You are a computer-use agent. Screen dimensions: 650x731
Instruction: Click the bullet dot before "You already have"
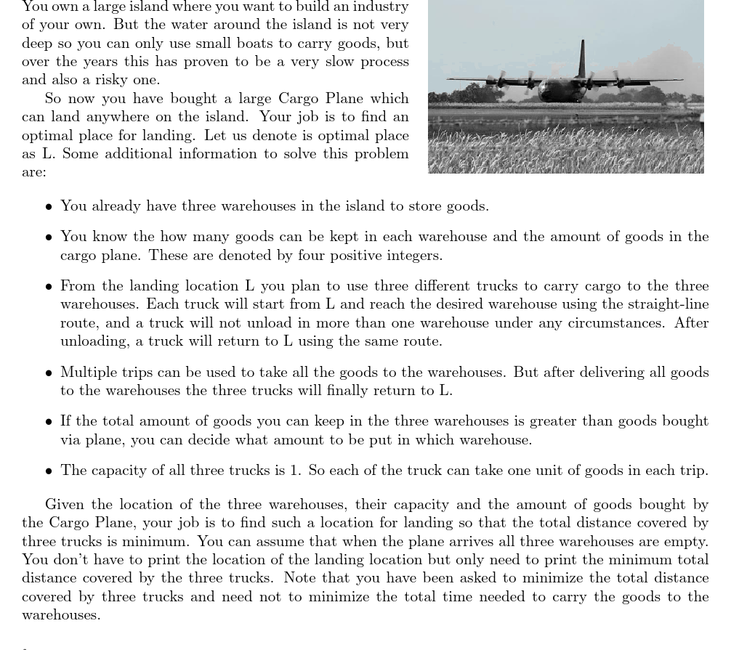[x=49, y=207]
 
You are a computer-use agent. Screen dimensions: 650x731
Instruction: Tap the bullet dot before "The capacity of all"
[x=49, y=471]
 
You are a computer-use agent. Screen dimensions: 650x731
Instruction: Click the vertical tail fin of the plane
[x=582, y=58]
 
